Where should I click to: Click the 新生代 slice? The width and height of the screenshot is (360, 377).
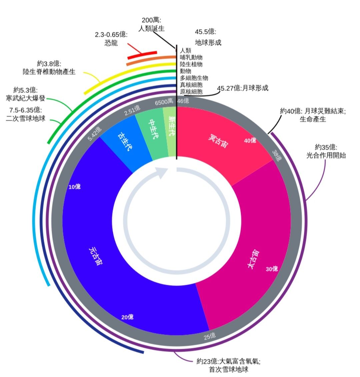[171, 133]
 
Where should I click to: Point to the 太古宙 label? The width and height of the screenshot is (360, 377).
[253, 259]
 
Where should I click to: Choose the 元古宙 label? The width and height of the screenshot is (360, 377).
[95, 256]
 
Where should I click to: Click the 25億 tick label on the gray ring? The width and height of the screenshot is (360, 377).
[210, 336]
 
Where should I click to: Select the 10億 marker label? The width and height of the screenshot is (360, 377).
[74, 187]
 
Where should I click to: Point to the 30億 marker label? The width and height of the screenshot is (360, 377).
[272, 269]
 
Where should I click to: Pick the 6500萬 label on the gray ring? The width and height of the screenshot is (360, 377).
[164, 102]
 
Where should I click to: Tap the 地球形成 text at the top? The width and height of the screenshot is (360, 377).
[208, 43]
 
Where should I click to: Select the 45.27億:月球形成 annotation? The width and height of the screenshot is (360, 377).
[243, 88]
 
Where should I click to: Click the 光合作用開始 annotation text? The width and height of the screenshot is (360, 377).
[326, 155]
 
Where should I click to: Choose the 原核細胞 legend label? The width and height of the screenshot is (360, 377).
[191, 91]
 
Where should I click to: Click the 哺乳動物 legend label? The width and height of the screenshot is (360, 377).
[191, 57]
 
